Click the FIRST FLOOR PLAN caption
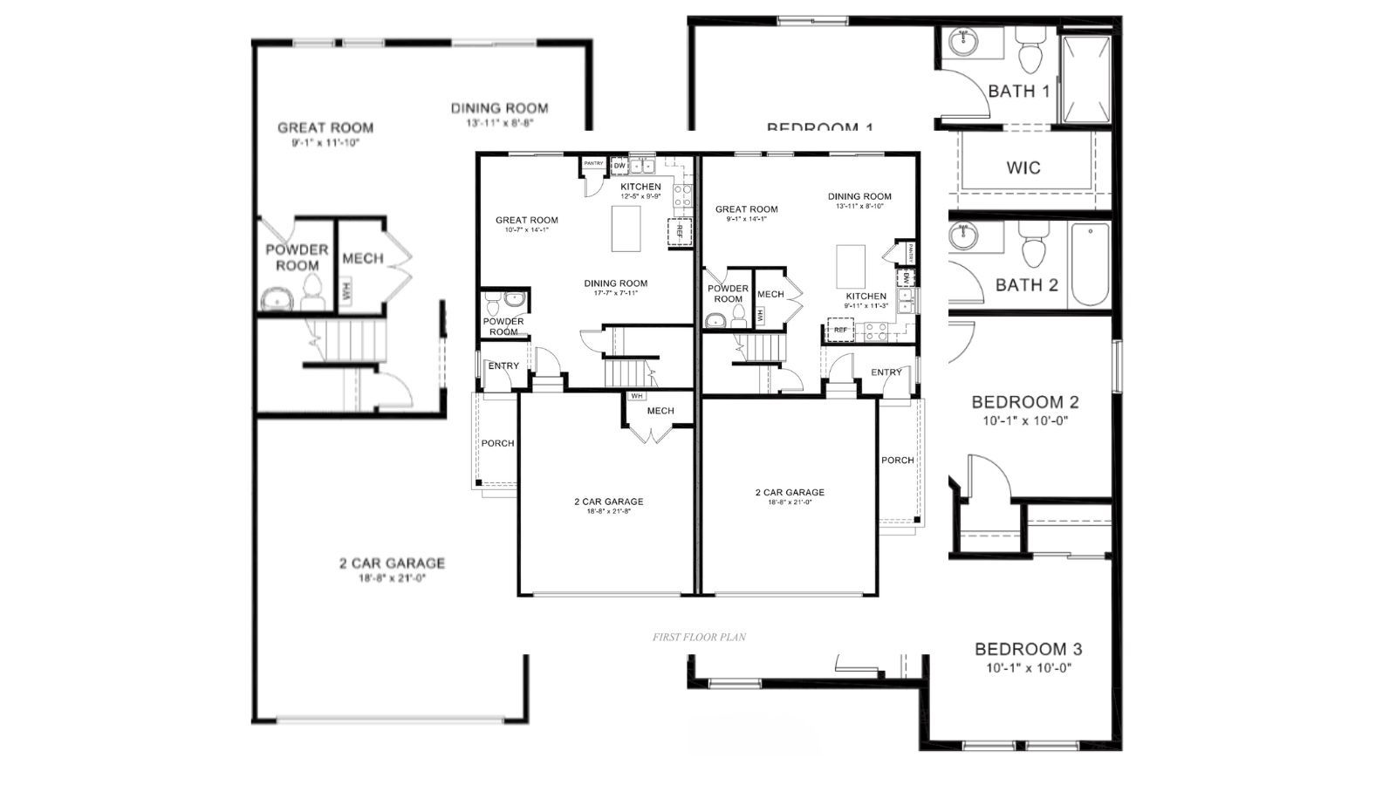tap(699, 638)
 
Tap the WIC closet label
tap(1023, 167)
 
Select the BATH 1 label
tap(1019, 91)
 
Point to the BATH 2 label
tap(1026, 284)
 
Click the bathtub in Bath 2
tap(1090, 264)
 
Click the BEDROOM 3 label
tap(1028, 649)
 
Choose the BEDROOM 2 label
tap(1025, 402)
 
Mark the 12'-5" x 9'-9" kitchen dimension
tap(640, 197)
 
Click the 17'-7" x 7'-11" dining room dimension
tap(615, 293)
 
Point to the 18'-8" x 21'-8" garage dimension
tap(608, 511)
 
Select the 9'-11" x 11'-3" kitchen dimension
tap(866, 305)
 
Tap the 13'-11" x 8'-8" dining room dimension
tap(499, 123)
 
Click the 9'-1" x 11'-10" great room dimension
tap(325, 141)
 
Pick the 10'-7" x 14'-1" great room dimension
tap(526, 230)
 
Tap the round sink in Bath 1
tap(964, 41)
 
